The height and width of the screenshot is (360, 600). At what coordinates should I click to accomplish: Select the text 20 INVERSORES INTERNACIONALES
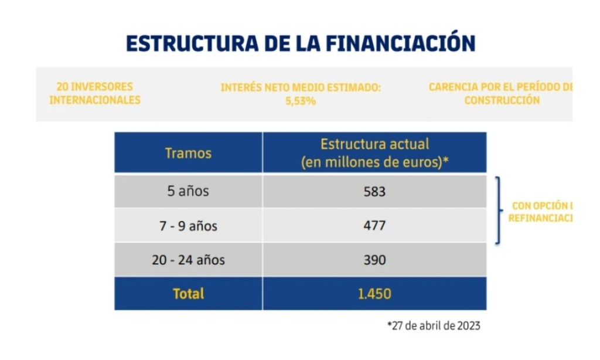click(x=95, y=93)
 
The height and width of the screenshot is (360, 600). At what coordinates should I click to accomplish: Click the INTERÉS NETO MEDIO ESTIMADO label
click(x=301, y=87)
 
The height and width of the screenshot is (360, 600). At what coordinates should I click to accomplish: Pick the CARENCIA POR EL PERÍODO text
click(x=500, y=87)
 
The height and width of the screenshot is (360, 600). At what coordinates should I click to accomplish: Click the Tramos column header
click(x=188, y=153)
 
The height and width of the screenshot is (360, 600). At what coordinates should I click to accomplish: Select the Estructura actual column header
click(x=374, y=153)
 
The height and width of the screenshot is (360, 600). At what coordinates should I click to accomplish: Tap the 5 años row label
click(x=188, y=191)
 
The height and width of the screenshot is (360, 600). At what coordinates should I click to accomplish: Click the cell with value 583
click(x=374, y=191)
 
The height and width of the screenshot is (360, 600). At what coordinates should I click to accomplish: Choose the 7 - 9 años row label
click(x=188, y=226)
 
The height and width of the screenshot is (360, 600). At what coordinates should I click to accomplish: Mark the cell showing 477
click(x=374, y=226)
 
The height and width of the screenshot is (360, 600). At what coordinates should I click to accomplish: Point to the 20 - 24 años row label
click(x=188, y=260)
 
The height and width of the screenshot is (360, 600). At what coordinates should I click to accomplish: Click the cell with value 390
click(x=374, y=260)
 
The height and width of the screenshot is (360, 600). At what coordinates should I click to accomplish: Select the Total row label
click(x=188, y=294)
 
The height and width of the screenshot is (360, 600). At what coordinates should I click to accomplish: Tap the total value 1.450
click(x=374, y=294)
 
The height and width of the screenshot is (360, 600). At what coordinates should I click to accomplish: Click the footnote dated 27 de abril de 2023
click(x=434, y=326)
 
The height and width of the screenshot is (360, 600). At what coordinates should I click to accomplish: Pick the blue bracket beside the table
click(x=499, y=210)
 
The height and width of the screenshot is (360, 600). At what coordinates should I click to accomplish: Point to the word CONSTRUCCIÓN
click(x=502, y=100)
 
